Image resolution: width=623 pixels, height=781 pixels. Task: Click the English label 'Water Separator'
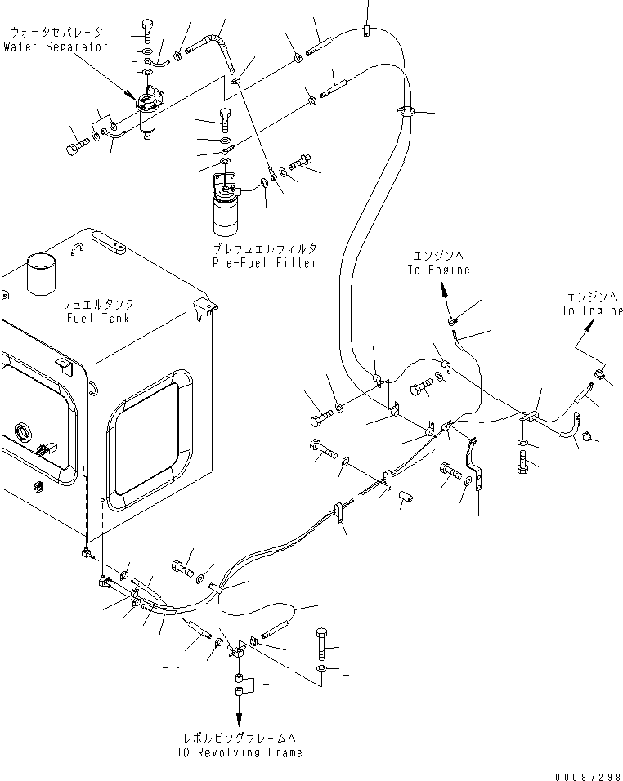coord(56,47)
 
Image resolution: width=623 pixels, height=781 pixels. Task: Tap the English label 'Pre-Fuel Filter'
coord(264,263)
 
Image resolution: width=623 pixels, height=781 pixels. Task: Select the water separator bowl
coord(148,125)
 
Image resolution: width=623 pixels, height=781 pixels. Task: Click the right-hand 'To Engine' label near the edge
coord(591,311)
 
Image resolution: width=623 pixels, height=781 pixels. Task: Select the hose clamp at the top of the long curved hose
coord(406,110)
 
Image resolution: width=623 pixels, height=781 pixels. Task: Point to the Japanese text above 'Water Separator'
coord(56,33)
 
